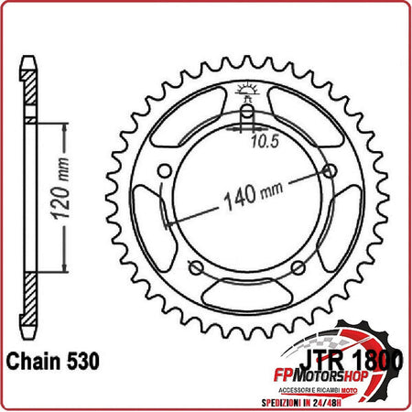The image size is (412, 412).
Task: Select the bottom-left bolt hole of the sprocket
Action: [x=195, y=267]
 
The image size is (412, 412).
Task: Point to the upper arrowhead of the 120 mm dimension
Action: [x=63, y=127]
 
